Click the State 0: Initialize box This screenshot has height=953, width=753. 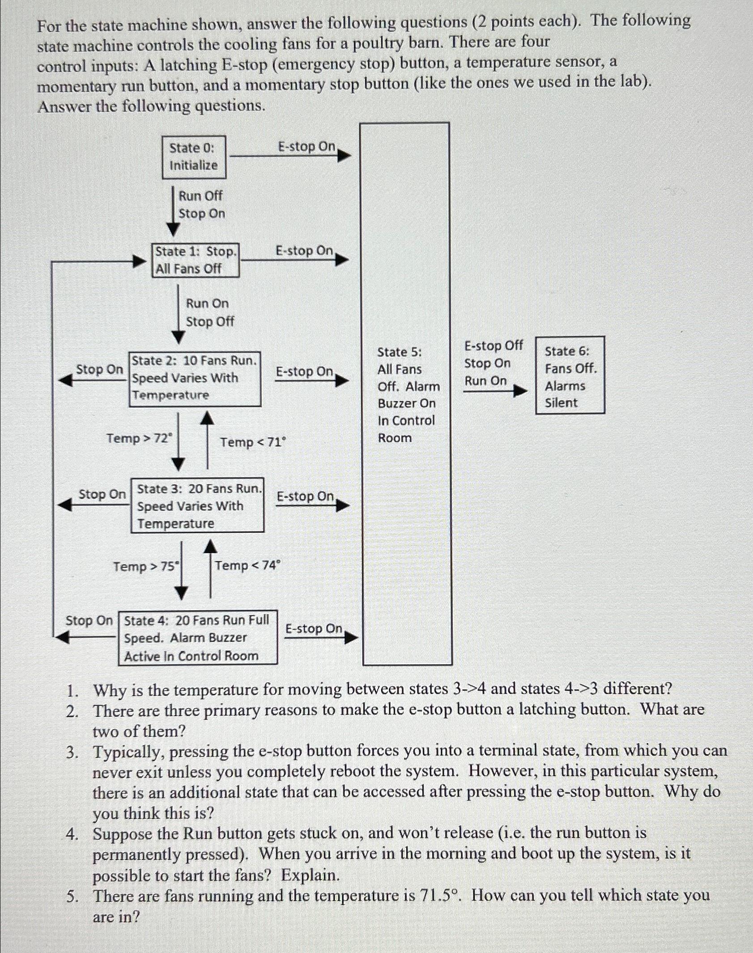tap(194, 157)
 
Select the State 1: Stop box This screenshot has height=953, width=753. tap(196, 260)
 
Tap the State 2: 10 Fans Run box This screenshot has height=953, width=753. tap(195, 379)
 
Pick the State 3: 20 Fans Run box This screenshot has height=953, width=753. tap(197, 505)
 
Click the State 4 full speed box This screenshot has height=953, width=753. tap(197, 637)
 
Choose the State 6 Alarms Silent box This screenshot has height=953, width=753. tap(570, 375)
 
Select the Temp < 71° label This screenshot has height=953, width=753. tap(253, 442)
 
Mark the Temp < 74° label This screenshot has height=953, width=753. tap(247, 565)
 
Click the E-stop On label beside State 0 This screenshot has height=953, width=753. tap(306, 147)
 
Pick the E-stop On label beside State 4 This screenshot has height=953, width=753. tap(314, 628)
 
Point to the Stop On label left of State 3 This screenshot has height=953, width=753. tap(102, 494)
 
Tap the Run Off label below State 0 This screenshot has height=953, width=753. tap(200, 196)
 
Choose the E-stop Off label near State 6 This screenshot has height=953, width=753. tap(493, 346)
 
